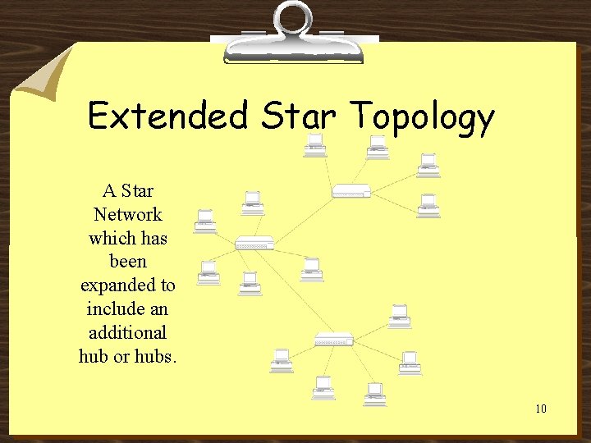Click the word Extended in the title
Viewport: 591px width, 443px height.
(167, 116)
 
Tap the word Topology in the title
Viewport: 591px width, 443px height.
(422, 117)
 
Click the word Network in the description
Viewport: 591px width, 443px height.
(127, 215)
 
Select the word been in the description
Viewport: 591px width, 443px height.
(127, 262)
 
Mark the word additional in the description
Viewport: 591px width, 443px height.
(127, 333)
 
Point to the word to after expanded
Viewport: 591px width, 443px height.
(167, 285)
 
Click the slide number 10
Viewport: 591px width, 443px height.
(540, 409)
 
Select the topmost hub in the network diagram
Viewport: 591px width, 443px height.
(350, 192)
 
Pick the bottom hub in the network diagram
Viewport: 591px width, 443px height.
(334, 338)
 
